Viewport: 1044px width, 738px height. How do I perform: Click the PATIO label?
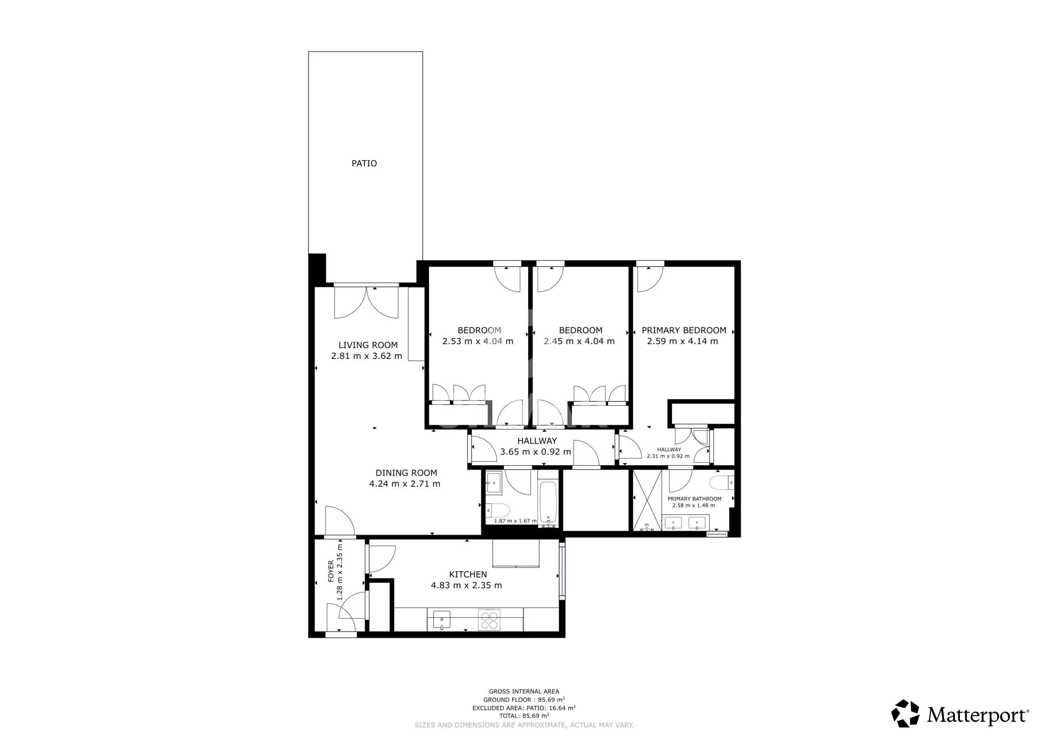tap(364, 163)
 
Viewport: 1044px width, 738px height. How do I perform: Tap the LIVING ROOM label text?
tap(368, 345)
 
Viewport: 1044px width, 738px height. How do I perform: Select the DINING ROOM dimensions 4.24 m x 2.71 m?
tap(405, 484)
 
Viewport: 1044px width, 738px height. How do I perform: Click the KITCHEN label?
tap(468, 574)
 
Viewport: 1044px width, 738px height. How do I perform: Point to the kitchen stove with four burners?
tap(489, 619)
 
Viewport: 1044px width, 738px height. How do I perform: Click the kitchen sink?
tap(442, 620)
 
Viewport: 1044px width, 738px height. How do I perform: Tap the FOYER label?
tap(331, 571)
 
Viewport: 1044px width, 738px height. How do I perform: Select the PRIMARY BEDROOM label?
tap(684, 330)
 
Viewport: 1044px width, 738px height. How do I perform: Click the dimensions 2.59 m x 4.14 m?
tap(683, 341)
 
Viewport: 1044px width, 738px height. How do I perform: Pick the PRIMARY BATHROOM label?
tap(695, 499)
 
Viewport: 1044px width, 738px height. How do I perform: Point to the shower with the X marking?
tap(648, 500)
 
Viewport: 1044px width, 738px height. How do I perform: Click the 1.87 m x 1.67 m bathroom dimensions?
tap(515, 521)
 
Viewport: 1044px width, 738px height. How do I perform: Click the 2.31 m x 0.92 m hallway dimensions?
tap(668, 456)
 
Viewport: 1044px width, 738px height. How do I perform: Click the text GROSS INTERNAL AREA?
tap(524, 692)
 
